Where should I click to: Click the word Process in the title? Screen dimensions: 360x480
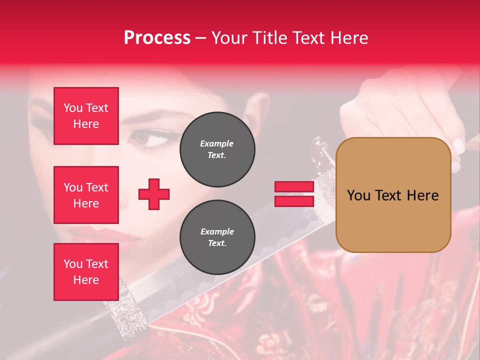tap(157, 38)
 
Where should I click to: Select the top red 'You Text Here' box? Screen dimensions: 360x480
tap(86, 116)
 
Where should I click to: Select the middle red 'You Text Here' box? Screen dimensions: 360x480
tap(86, 195)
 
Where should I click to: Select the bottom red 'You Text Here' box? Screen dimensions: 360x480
tap(86, 272)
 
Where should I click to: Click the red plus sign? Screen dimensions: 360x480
tap(154, 194)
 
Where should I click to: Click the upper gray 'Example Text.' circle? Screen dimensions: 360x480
tap(217, 149)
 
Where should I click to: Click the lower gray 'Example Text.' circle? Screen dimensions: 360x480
tap(217, 237)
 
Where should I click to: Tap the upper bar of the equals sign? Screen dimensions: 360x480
tap(294, 186)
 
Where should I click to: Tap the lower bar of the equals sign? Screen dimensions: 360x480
tap(294, 201)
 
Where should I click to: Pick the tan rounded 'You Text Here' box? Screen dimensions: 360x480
tap(393, 195)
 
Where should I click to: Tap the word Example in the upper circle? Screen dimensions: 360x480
tap(216, 143)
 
